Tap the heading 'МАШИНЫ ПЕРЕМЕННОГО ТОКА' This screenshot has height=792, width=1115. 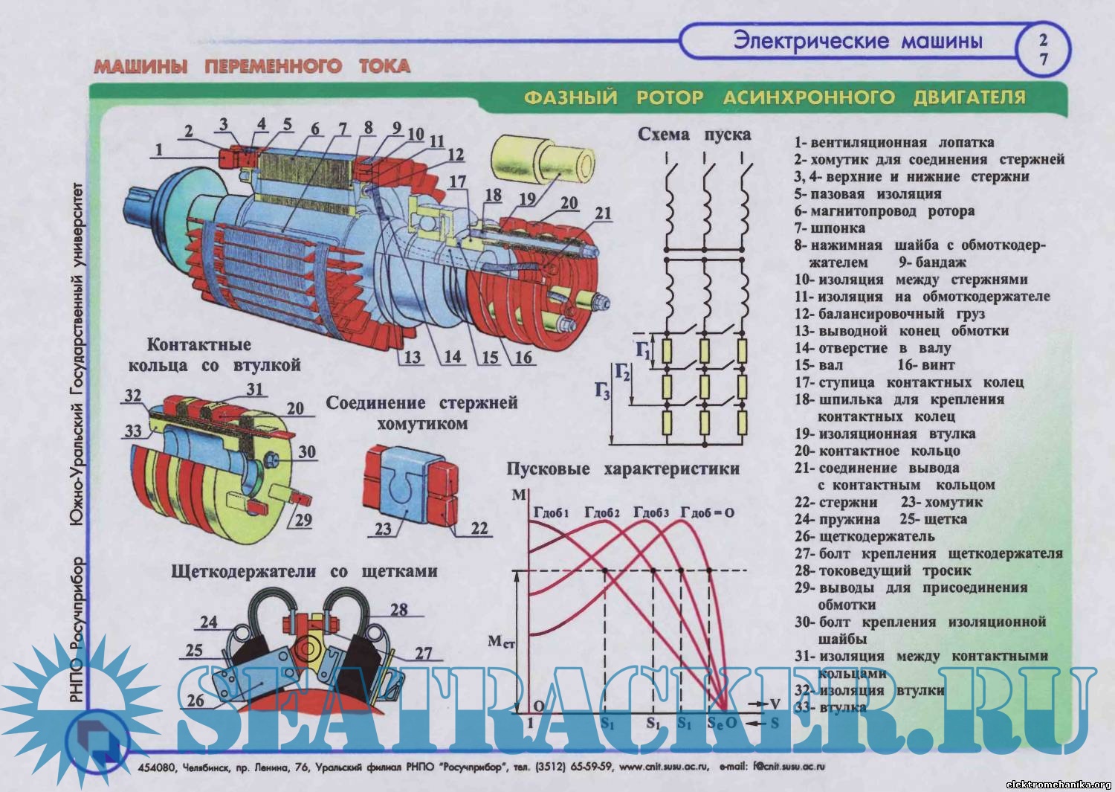[251, 66]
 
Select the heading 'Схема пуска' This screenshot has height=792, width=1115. [694, 135]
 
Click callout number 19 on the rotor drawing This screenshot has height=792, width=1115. [527, 199]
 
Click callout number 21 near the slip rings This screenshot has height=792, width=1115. [603, 213]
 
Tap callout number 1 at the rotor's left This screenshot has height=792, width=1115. [158, 150]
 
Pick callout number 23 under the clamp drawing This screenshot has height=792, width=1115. [383, 529]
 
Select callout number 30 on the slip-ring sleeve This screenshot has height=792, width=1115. [306, 452]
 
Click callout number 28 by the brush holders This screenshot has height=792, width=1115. [399, 609]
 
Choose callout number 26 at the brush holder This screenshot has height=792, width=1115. [195, 700]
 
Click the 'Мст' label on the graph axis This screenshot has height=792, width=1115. [500, 641]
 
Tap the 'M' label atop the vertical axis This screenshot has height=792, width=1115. [519, 495]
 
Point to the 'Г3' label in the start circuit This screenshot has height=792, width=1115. [601, 392]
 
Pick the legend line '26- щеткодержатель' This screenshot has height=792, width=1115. [864, 536]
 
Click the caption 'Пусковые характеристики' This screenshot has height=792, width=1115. [623, 469]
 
